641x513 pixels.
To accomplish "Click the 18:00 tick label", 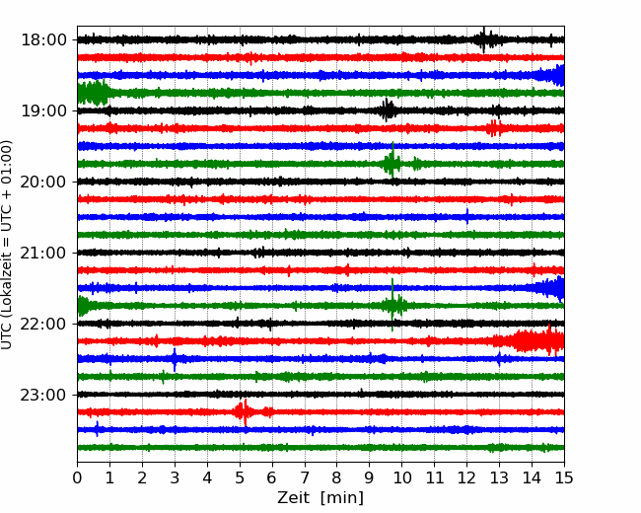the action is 43,40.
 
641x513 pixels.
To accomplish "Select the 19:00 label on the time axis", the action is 43,110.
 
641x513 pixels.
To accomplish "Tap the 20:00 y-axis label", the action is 43,182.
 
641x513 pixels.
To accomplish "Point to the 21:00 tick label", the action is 43,253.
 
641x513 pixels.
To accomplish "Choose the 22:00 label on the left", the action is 43,324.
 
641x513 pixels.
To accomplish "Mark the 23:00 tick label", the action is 43,395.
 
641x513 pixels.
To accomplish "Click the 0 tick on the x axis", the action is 77,477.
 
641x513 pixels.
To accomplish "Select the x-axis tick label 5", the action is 240,477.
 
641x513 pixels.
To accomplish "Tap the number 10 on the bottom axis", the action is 401,477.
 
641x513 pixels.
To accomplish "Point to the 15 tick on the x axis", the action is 564,477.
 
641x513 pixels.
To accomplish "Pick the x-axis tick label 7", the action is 305,477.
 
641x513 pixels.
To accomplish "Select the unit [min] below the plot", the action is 342,498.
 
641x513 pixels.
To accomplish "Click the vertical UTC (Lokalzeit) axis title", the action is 6,245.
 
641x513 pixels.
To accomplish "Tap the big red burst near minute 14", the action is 532,340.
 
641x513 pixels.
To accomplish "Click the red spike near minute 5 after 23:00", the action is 245,412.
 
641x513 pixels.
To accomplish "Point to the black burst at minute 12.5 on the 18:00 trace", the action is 484,39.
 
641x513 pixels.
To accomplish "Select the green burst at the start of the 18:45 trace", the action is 94,93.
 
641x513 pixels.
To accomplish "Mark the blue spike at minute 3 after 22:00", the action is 175,359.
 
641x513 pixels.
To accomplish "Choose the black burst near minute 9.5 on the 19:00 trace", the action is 388,110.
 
